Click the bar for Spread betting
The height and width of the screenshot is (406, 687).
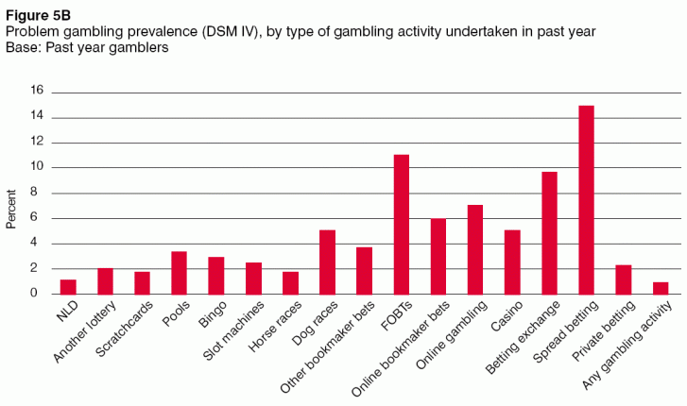pyautogui.click(x=586, y=199)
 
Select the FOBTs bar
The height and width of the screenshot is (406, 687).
pyautogui.click(x=402, y=224)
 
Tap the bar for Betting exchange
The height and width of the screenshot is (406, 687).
pyautogui.click(x=549, y=232)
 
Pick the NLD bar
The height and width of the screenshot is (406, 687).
pyautogui.click(x=68, y=286)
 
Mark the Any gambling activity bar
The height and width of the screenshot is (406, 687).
pyautogui.click(x=661, y=288)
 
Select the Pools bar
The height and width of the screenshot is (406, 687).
pyautogui.click(x=179, y=272)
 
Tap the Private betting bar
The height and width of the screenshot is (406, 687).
pyautogui.click(x=624, y=279)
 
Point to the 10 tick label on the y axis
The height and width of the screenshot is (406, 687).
pyautogui.click(x=38, y=167)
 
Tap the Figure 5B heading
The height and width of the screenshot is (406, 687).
pyautogui.click(x=33, y=12)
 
